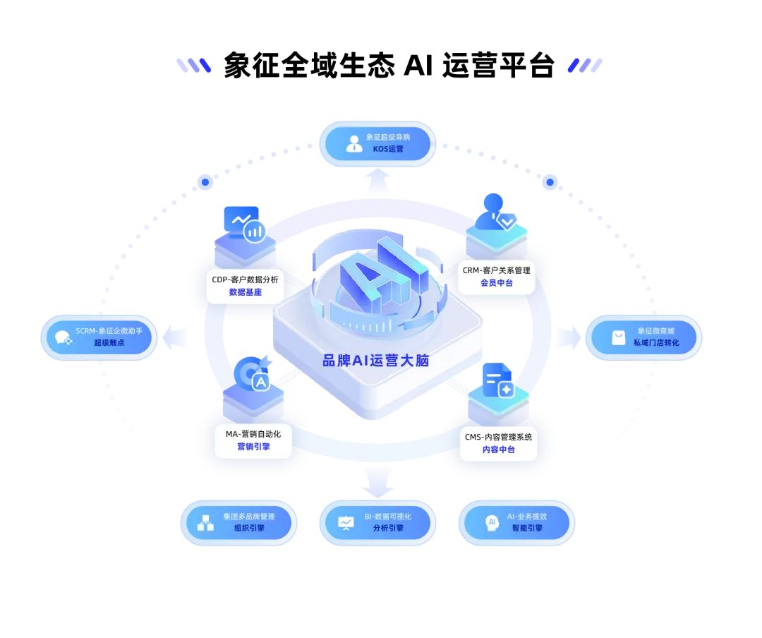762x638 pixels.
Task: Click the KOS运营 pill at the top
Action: (x=377, y=143)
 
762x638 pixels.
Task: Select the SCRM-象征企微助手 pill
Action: (x=99, y=337)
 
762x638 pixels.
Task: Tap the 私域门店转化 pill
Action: (x=644, y=337)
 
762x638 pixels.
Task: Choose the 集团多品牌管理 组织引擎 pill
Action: (x=238, y=522)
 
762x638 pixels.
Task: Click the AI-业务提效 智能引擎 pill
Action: (x=516, y=522)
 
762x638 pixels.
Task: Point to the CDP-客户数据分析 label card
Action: (x=245, y=285)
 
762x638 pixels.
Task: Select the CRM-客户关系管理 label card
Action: (x=497, y=276)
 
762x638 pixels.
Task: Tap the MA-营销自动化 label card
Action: (x=253, y=440)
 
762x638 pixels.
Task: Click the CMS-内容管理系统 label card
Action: (x=498, y=443)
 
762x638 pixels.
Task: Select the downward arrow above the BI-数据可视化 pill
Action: (x=378, y=483)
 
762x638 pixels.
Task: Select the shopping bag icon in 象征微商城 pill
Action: (x=618, y=337)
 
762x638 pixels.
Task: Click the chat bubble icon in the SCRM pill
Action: (x=64, y=337)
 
